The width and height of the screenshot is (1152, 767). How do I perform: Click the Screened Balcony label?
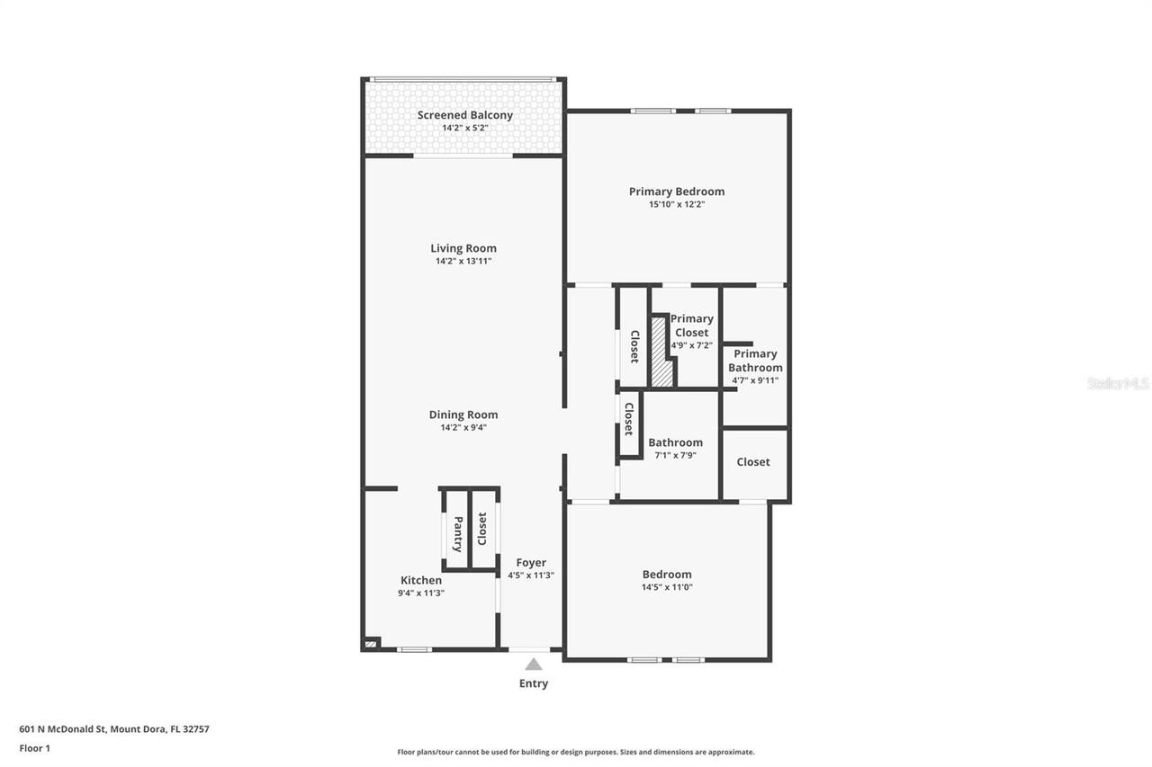pos(464,115)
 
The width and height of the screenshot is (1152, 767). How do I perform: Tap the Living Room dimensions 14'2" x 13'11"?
pos(463,262)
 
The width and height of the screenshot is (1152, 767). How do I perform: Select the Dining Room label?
pos(463,415)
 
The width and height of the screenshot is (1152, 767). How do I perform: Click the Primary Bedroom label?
pos(676,192)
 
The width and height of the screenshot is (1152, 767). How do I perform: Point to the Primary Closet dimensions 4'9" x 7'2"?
pos(691,345)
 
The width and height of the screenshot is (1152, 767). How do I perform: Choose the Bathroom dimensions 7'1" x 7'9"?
pos(675,455)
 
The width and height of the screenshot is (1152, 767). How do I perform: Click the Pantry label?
pos(457,534)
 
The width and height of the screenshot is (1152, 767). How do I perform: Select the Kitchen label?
pos(421,580)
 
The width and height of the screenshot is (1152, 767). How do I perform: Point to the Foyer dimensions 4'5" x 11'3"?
pos(531,575)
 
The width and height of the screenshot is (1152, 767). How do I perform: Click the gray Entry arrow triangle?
pos(534,664)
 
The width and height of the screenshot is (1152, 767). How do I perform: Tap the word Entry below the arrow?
pos(534,683)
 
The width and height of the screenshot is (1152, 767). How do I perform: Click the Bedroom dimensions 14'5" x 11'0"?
pos(667,587)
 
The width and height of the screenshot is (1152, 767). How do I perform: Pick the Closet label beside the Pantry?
pos(481,529)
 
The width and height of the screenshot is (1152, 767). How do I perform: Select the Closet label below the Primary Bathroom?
pos(753,462)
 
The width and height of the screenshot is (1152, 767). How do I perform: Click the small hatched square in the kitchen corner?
pos(371,643)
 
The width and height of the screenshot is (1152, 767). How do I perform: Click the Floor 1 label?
pos(35,747)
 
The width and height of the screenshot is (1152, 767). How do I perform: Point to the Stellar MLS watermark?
pos(1118,383)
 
